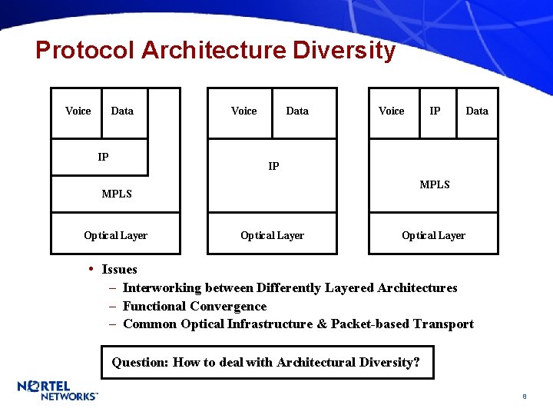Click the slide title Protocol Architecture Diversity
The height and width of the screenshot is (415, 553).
click(215, 51)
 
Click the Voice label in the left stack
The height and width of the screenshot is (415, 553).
click(78, 111)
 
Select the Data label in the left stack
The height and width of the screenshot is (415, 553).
click(122, 111)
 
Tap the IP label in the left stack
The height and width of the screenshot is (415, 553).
click(103, 158)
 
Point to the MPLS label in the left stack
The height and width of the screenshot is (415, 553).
click(117, 194)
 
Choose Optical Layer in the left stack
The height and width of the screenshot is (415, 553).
click(115, 235)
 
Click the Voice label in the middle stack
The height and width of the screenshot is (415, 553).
click(244, 111)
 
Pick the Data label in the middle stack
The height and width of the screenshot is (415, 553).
click(297, 111)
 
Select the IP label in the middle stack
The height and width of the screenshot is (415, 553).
click(273, 166)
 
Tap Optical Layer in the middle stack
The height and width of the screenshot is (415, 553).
click(272, 235)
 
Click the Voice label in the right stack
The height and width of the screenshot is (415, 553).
click(392, 111)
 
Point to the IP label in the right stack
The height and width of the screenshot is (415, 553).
click(435, 111)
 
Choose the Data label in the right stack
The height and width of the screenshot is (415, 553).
click(477, 111)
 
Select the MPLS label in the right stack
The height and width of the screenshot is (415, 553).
click(435, 184)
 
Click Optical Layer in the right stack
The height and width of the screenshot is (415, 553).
click(433, 235)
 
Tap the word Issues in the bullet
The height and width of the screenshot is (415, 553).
click(119, 269)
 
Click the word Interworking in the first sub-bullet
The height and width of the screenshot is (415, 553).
click(161, 287)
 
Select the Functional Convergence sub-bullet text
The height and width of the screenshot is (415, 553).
click(194, 306)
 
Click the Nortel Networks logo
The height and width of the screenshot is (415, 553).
click(58, 390)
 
